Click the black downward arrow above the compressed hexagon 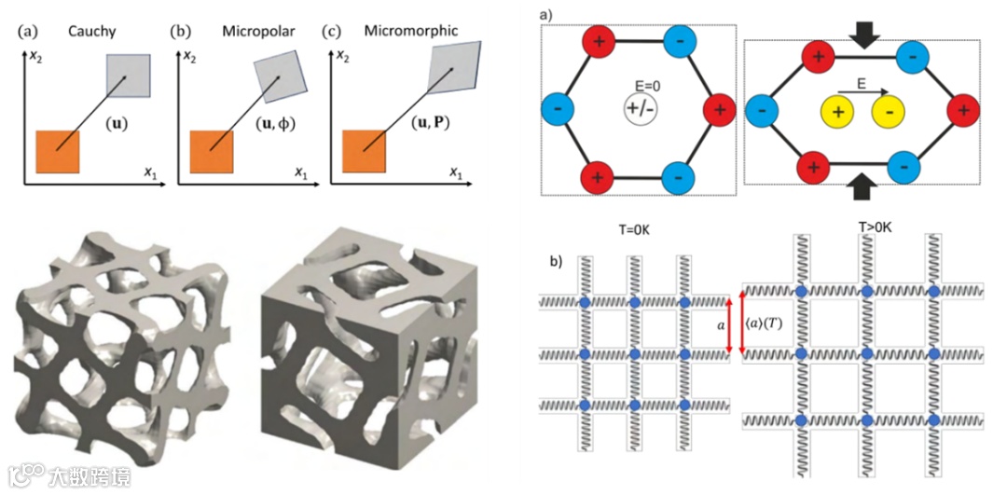pos(861,34)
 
